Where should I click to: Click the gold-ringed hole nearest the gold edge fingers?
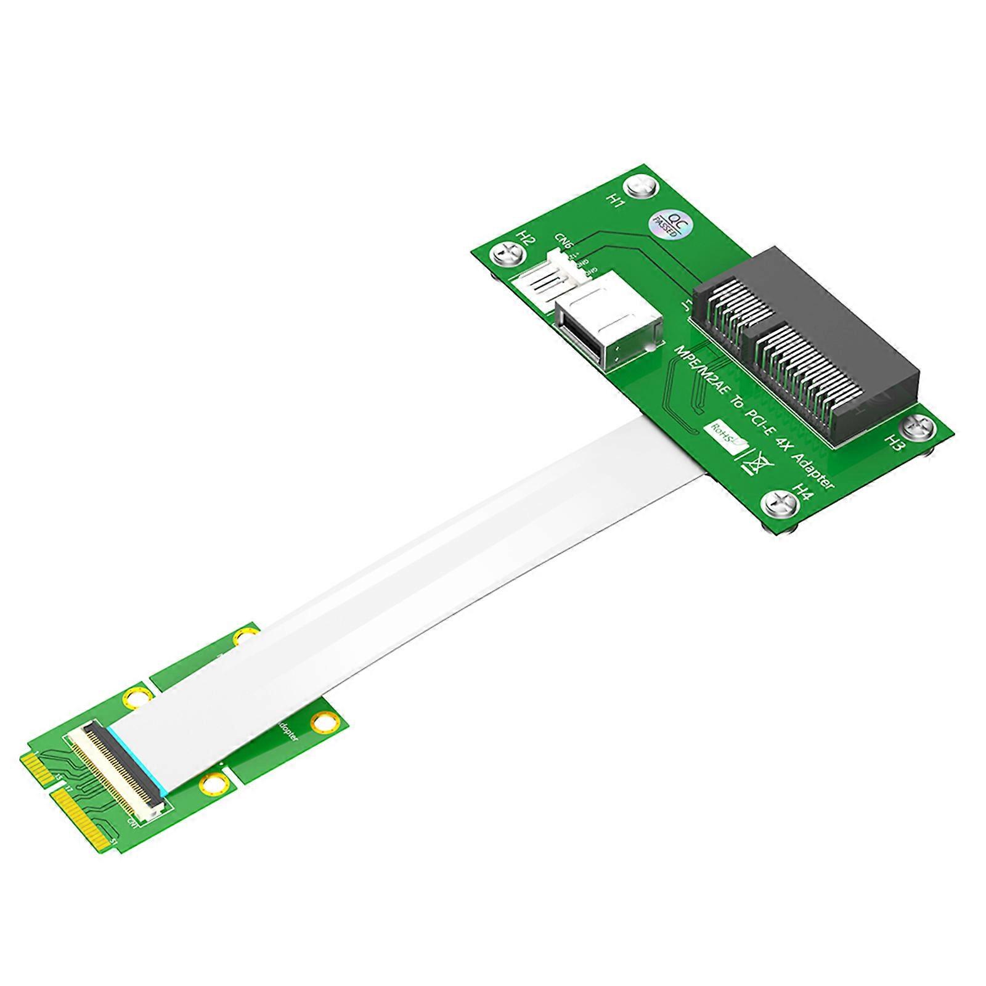coord(137,698)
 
